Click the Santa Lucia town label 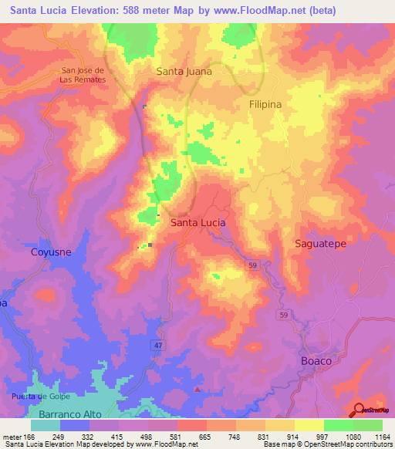pyautogui.click(x=197, y=222)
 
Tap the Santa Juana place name pyautogui.click(x=184, y=71)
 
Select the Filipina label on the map pyautogui.click(x=265, y=103)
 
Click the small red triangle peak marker pyautogui.click(x=198, y=389)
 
